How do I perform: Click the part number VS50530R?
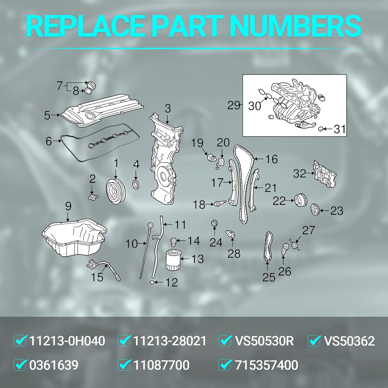tap(264, 341)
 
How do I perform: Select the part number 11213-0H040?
tap(67, 341)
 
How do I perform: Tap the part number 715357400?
tap(266, 365)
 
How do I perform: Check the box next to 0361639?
tap(20, 365)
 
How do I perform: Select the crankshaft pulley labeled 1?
tap(116, 191)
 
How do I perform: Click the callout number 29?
tap(234, 106)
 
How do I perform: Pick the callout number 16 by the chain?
tap(271, 159)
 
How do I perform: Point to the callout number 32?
tap(299, 174)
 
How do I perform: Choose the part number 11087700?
tap(161, 365)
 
